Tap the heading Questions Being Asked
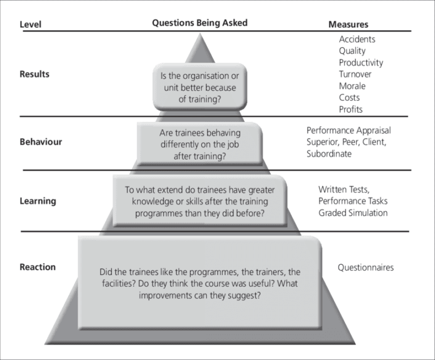pos(199,23)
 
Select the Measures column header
pos(348,24)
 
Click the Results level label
pos(34,74)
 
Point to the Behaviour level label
pos(40,142)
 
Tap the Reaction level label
pos(37,266)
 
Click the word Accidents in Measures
pos(357,39)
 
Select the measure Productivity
pos(361,62)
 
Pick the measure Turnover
pos(355,74)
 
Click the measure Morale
pos(352,86)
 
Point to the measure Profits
pos(351,109)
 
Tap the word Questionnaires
pos(365,267)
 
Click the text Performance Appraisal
pos(348,130)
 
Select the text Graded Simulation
pos(353,213)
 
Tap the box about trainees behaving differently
pos(200,144)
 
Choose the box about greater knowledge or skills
pos(197,201)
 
